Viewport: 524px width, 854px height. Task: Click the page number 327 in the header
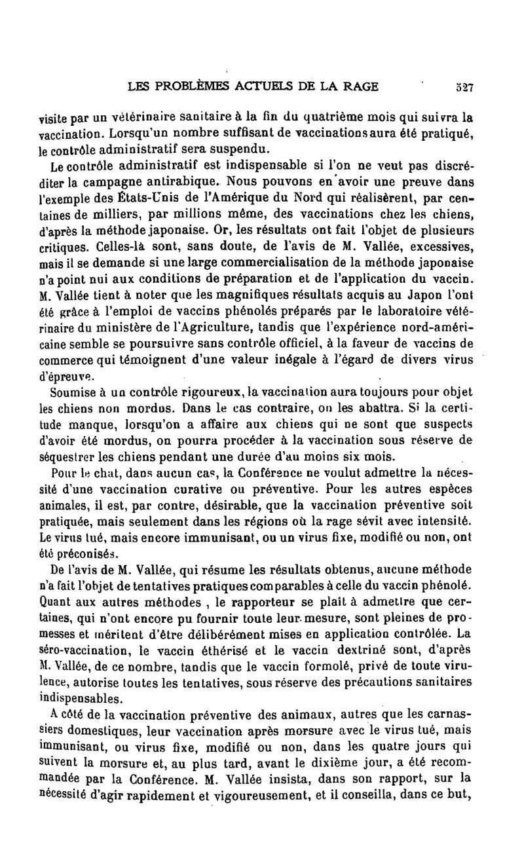(x=466, y=86)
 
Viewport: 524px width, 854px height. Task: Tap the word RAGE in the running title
(x=360, y=86)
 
